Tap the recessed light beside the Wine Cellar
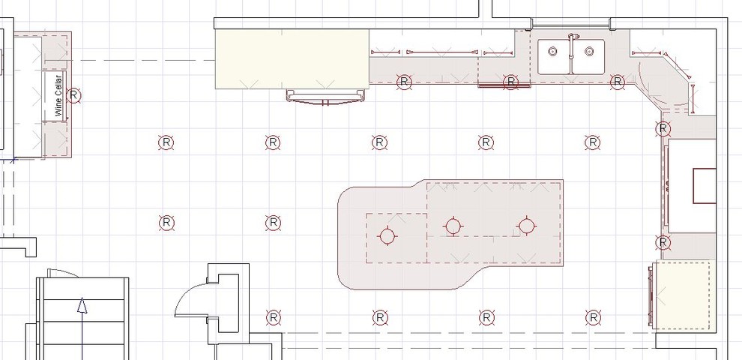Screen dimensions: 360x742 73,95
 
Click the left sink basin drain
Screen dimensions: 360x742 553,52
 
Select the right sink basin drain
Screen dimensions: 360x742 589,52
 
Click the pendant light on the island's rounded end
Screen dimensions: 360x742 387,236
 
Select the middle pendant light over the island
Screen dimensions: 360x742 452,226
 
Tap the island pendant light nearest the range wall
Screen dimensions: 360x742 527,225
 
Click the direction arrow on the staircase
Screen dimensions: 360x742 82,307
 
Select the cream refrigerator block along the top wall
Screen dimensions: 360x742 292,58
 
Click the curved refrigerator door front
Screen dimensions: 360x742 328,97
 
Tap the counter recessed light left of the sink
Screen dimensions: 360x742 511,82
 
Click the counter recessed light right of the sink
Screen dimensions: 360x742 618,82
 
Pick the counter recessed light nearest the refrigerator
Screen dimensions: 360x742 404,81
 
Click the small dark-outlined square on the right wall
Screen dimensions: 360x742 705,186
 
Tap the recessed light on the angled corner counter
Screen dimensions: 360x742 663,129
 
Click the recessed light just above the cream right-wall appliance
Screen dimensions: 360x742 663,241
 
